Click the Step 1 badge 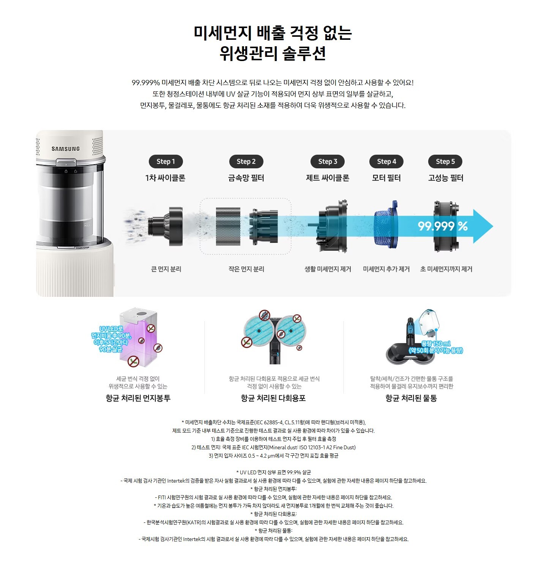(166, 162)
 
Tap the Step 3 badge (328, 162)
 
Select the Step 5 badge (445, 162)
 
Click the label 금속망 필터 (246, 178)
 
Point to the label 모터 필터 (386, 178)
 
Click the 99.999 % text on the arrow (443, 226)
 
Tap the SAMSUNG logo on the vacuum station (66, 149)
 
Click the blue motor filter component (386, 226)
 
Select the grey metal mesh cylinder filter (228, 226)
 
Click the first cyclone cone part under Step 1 (166, 226)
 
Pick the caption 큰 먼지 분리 (166, 269)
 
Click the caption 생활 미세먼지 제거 (328, 269)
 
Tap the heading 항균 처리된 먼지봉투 (138, 398)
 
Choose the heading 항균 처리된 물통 (411, 398)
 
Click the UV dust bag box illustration (138, 337)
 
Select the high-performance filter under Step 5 (446, 226)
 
